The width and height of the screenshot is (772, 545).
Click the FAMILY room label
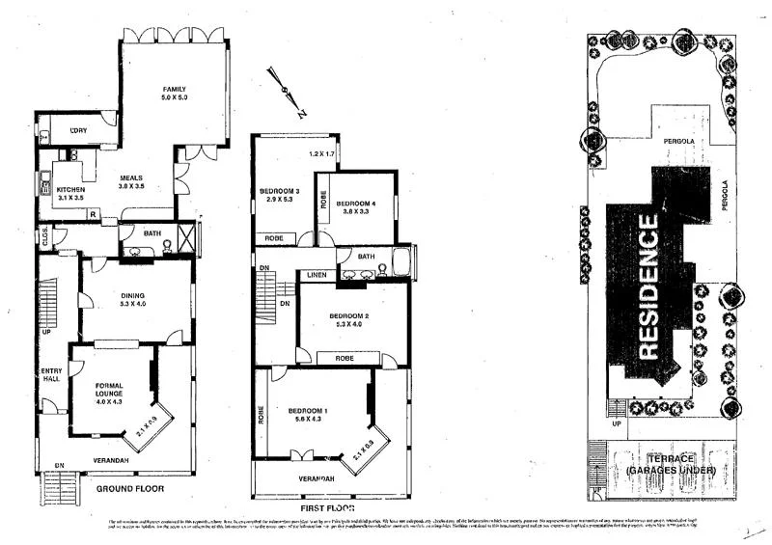pos(173,89)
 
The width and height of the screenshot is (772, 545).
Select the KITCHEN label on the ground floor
pos(71,189)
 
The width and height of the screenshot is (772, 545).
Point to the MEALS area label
pos(131,178)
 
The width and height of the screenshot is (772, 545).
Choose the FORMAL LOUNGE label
pos(108,389)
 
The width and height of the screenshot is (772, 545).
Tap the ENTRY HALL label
pos(50,376)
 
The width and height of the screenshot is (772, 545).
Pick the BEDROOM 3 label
pos(280,191)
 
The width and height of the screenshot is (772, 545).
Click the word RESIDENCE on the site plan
pos(649,286)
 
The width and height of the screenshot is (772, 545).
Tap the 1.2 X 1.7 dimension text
pos(320,154)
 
